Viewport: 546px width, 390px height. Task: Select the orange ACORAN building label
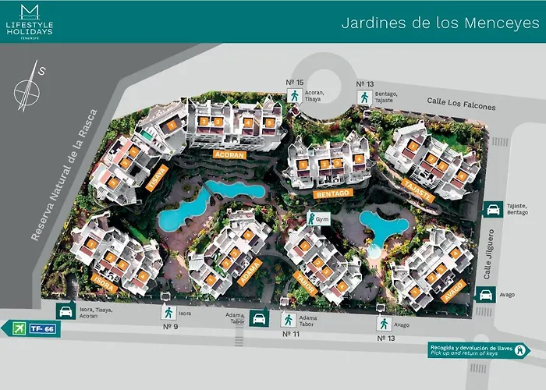tap(230, 155)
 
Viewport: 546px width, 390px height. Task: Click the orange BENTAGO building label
tap(331, 191)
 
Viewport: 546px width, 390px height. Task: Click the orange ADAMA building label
tap(250, 274)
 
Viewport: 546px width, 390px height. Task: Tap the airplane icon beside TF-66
tap(15, 328)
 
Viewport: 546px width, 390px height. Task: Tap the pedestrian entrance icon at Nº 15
tap(294, 96)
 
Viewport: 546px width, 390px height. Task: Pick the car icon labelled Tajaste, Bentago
tap(493, 209)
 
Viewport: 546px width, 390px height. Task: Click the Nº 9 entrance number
tap(168, 326)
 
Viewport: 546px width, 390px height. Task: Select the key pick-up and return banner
tap(478, 351)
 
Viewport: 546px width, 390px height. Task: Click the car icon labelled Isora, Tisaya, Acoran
tap(65, 310)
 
